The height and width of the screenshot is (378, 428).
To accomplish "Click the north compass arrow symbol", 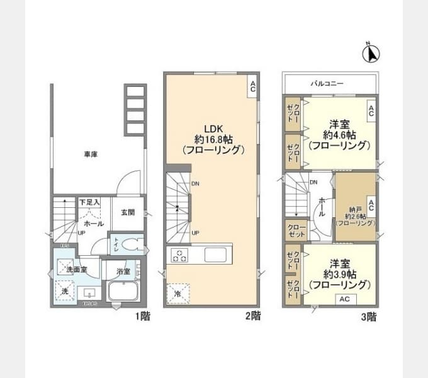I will point(371,54).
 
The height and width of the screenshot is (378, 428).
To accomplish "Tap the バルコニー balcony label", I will point(326,83).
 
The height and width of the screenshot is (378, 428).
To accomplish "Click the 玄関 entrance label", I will point(127,213).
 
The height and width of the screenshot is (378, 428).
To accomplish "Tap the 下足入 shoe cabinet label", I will point(89,202).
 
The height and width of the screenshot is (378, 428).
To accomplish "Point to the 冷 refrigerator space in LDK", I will point(177,293).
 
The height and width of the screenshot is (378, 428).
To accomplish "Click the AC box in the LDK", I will point(252,87).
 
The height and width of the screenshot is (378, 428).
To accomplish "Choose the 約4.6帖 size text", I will point(339,134).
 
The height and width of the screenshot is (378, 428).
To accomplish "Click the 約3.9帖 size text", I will point(339,274).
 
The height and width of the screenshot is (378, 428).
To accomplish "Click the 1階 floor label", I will point(142,316).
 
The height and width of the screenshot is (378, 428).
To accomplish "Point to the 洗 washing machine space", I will point(65,291).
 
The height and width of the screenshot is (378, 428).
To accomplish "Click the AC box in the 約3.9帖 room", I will point(344,299).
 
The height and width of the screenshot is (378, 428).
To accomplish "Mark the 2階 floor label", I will point(252,316).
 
